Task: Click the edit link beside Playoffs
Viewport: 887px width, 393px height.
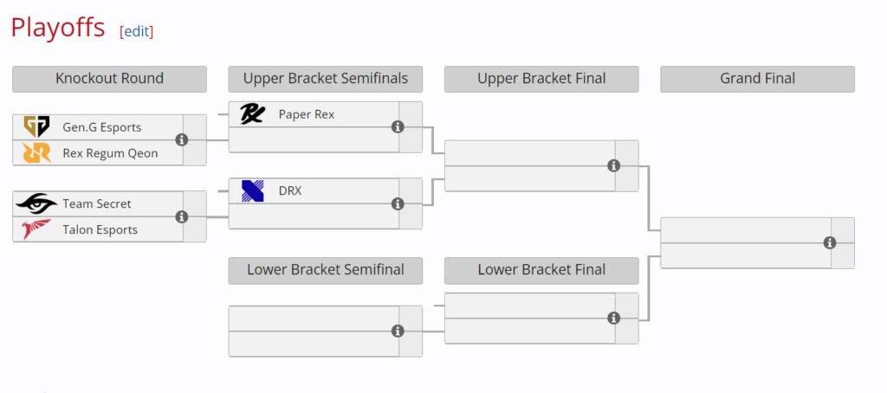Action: tap(136, 31)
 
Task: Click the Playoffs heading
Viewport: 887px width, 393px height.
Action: tap(58, 28)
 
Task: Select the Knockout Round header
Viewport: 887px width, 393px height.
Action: tap(109, 79)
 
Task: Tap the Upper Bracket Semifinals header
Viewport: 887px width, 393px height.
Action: tap(325, 79)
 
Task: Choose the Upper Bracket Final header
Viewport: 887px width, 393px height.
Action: tap(541, 79)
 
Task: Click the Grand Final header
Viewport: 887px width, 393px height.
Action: tap(757, 79)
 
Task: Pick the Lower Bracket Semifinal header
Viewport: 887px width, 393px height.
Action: tap(325, 270)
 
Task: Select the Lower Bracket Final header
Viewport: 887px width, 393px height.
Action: tap(541, 270)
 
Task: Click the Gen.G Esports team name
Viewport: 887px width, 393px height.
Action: tap(101, 127)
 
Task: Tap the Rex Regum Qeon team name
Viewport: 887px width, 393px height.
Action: tap(110, 153)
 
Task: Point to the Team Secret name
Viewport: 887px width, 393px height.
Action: tap(97, 204)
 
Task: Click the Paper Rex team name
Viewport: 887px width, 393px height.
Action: tap(306, 114)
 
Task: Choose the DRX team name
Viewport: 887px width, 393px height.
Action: tap(290, 191)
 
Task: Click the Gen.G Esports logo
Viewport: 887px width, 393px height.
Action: tap(36, 127)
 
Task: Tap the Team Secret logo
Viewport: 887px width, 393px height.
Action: tap(36, 204)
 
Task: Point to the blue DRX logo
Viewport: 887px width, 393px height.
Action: tap(252, 191)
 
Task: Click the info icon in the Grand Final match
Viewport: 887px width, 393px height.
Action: tap(829, 243)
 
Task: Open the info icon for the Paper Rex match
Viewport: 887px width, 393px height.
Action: tap(398, 127)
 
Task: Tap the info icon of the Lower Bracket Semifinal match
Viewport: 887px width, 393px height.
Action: tap(398, 331)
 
